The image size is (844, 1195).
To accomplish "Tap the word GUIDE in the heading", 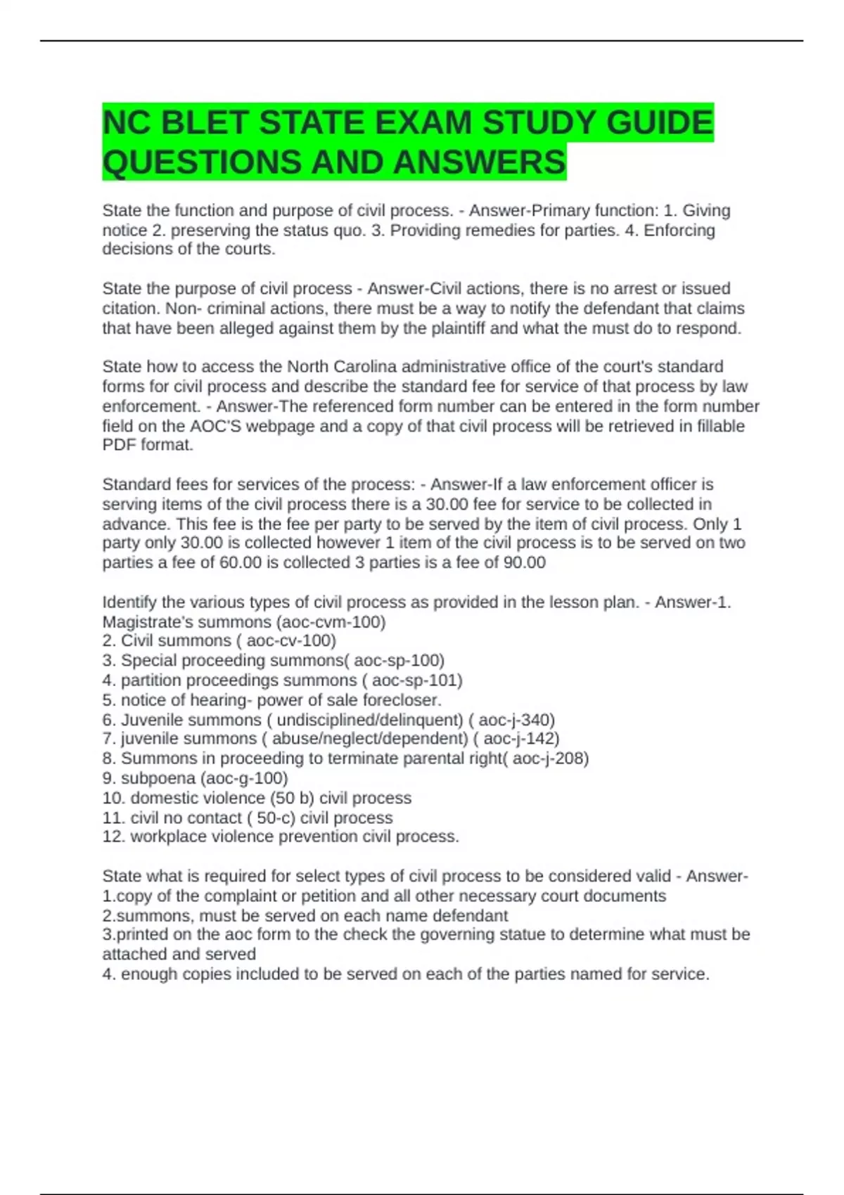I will [659, 122].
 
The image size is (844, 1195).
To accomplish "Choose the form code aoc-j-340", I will [515, 719].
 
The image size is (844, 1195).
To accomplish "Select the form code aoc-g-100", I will [244, 777].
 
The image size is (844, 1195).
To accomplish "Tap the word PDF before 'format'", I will [119, 445].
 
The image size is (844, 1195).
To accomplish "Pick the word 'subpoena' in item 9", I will [158, 777].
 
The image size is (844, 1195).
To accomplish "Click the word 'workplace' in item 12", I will [166, 836].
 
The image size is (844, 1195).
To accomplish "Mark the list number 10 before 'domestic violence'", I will [113, 798].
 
